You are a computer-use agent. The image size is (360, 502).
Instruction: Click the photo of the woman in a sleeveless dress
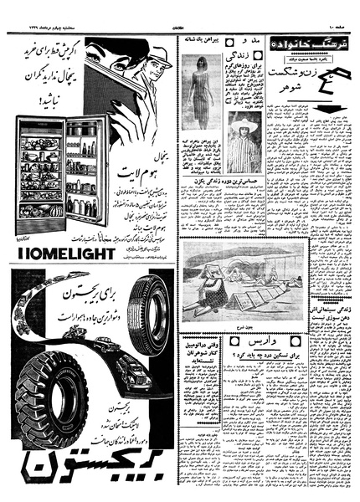(201, 90)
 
